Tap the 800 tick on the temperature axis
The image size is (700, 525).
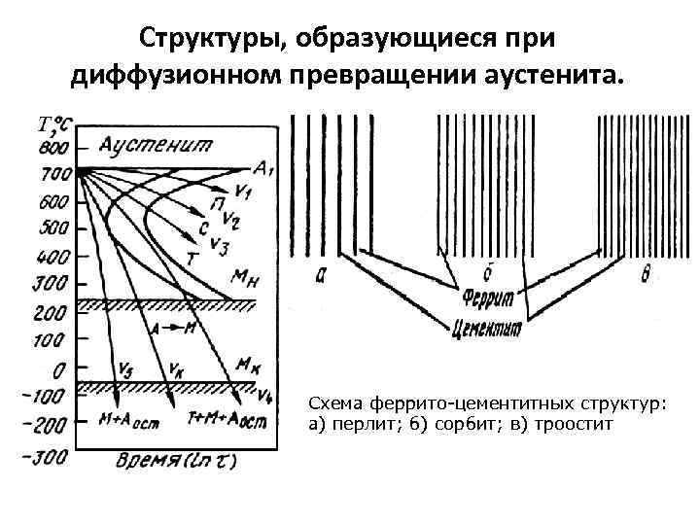(55, 148)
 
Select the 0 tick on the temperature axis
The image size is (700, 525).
(61, 369)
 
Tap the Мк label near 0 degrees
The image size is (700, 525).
(248, 364)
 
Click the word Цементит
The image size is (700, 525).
(487, 329)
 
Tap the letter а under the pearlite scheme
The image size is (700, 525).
(322, 275)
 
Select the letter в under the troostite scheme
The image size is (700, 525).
(645, 274)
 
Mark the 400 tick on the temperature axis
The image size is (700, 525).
(55, 258)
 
